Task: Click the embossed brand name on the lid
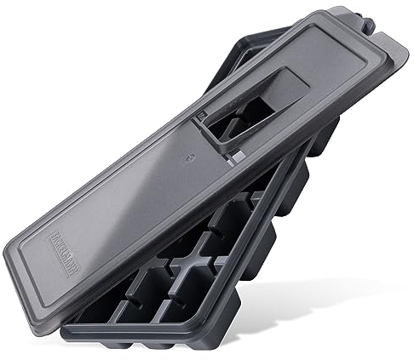pos(57,255)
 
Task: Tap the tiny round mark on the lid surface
pos(188,156)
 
